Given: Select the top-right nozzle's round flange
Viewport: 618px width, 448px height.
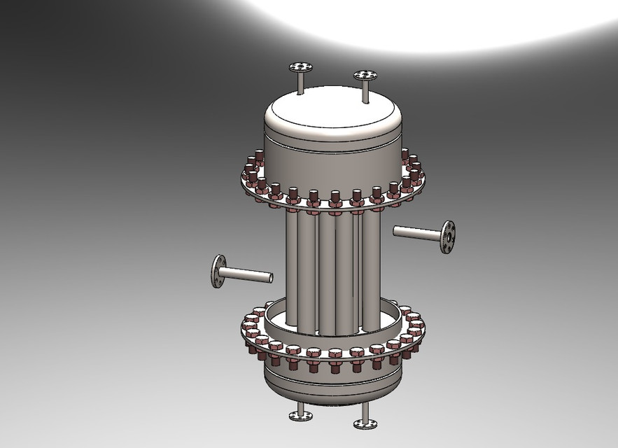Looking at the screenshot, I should tap(365, 75).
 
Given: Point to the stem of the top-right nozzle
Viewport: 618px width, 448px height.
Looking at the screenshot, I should tap(365, 90).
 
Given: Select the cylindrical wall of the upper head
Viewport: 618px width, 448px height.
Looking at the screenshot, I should tap(329, 157).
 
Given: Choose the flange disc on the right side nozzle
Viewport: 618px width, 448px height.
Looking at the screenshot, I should tap(447, 237).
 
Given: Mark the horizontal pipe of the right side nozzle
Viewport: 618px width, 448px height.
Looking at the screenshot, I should tap(416, 231).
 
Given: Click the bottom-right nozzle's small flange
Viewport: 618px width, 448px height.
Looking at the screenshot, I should tap(365, 423).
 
